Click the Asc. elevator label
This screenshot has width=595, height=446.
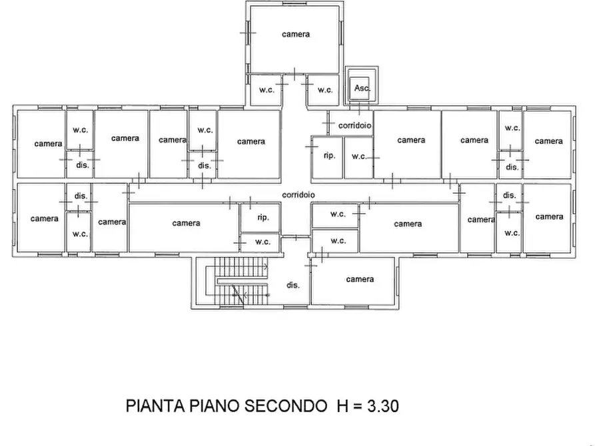tap(362, 88)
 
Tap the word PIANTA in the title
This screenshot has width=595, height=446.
tap(155, 406)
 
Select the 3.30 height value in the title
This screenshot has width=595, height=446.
tap(383, 406)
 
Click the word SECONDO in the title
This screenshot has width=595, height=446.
tap(285, 406)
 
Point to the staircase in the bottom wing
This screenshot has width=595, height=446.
tap(237, 281)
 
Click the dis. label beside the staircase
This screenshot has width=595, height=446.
tap(293, 285)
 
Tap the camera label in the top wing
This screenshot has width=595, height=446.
tap(296, 34)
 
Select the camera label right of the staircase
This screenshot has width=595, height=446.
tap(360, 279)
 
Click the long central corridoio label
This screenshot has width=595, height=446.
tap(298, 194)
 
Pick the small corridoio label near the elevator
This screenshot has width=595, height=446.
tap(354, 125)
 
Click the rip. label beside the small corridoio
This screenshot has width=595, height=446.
tap(329, 155)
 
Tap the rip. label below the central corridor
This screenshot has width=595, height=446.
tap(263, 217)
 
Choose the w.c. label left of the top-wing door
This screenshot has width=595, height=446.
tap(267, 90)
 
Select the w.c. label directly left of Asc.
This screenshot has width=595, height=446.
tap(325, 90)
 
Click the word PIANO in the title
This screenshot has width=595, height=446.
tap(215, 406)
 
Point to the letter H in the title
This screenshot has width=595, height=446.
tap(342, 406)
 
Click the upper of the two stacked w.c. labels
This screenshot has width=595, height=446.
tap(338, 214)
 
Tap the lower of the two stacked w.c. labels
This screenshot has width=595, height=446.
tap(338, 240)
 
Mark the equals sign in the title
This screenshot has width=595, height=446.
tap(357, 407)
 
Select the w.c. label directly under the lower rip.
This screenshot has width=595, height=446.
tap(263, 242)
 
